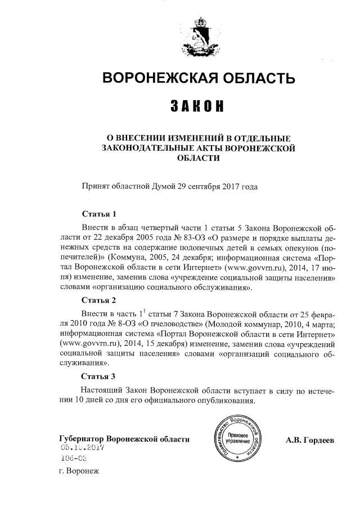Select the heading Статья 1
(x=99, y=214)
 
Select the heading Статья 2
(x=99, y=299)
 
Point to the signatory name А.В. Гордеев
(x=310, y=439)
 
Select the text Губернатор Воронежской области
(x=124, y=439)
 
